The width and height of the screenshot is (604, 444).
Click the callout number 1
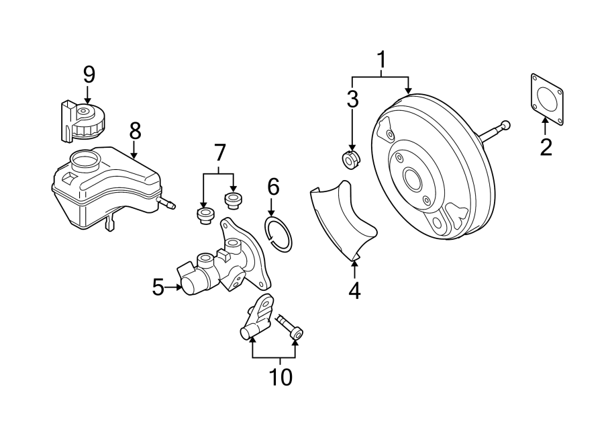[x=381, y=60]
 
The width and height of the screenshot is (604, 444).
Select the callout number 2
[x=546, y=146]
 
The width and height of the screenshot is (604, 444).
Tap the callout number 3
[x=352, y=99]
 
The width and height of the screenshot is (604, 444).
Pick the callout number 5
[x=158, y=287]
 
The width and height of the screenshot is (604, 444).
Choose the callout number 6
[x=272, y=186]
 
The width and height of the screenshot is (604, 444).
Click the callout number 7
[x=219, y=154]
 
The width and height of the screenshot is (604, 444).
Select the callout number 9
[x=89, y=74]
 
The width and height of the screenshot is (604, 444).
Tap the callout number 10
[x=281, y=377]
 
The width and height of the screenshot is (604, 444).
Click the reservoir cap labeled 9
[x=85, y=119]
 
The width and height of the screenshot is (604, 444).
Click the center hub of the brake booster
[x=411, y=180]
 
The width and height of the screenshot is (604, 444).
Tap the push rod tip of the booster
[x=505, y=125]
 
